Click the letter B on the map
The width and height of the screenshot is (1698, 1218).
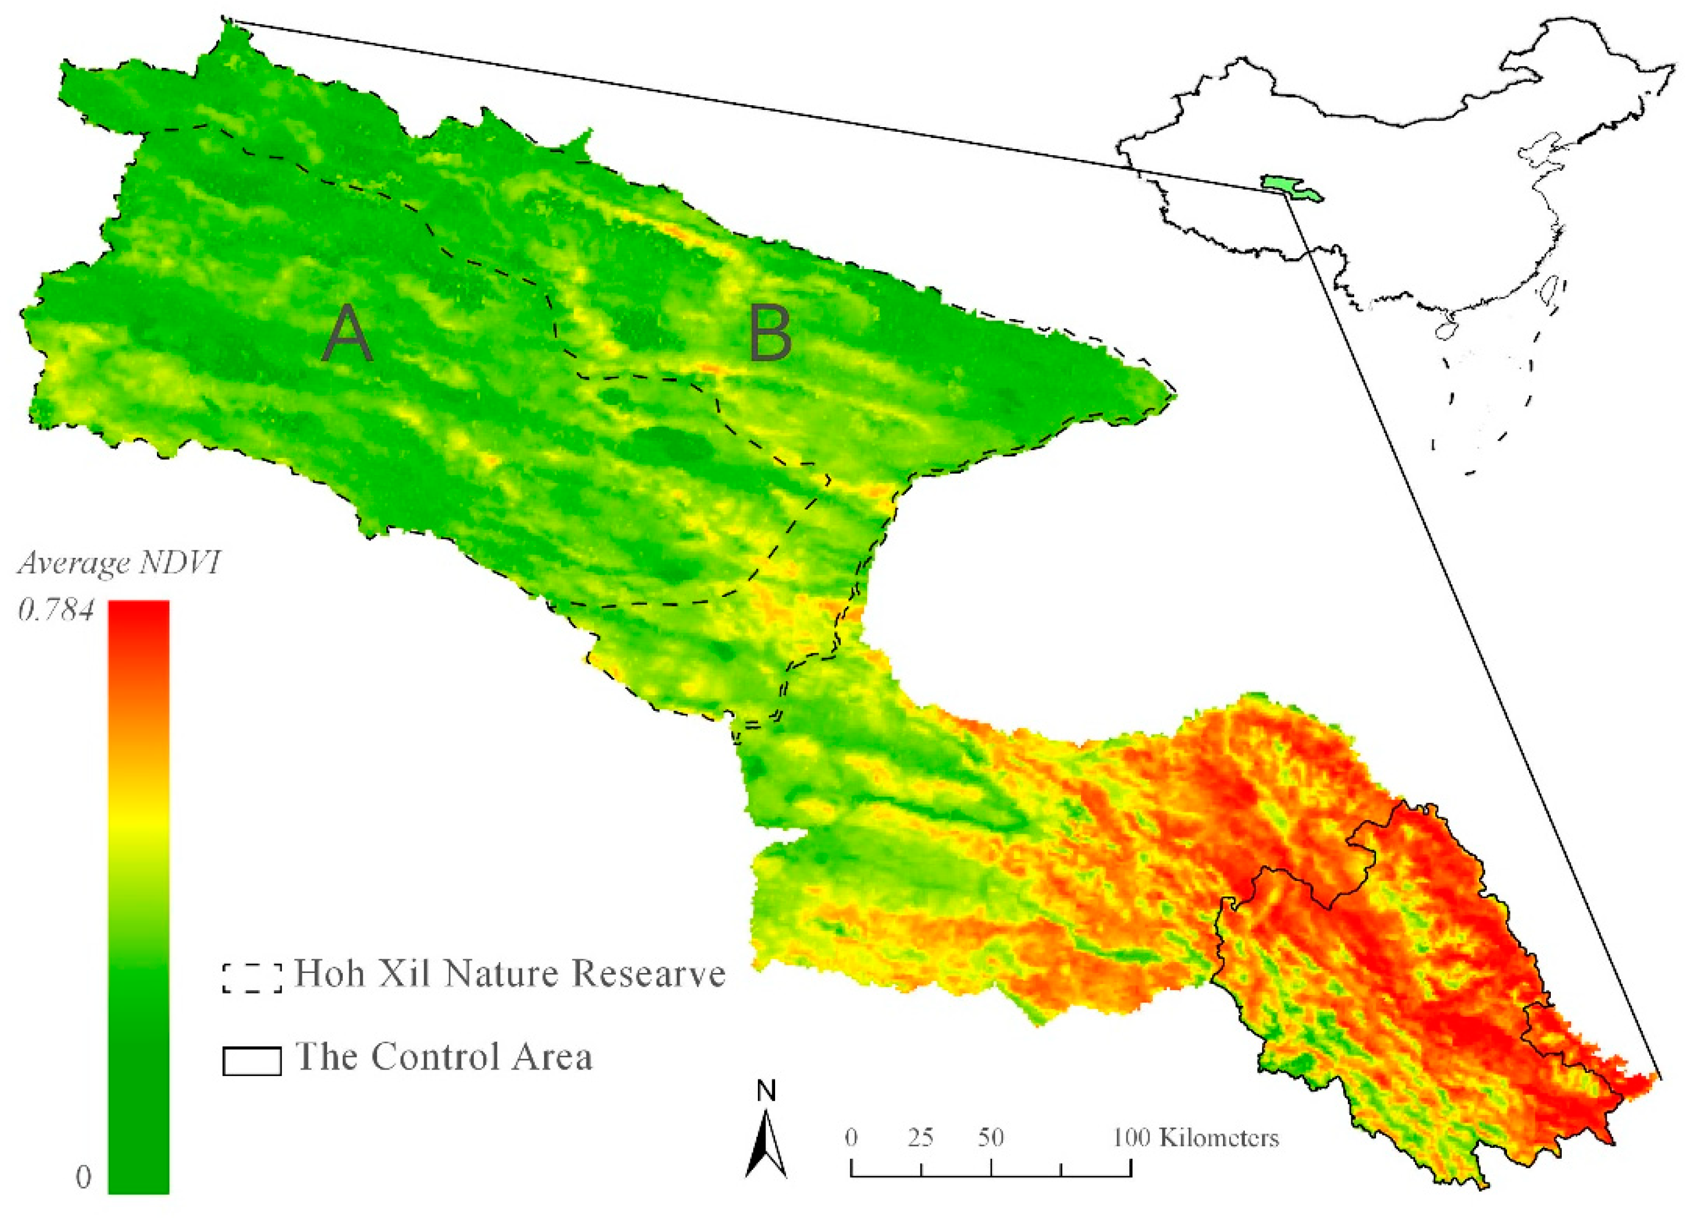click(x=769, y=335)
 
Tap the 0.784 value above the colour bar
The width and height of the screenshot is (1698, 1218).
click(x=56, y=611)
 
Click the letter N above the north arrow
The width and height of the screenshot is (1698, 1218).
click(x=766, y=1091)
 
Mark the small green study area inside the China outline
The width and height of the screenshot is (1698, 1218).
click(x=1289, y=188)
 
